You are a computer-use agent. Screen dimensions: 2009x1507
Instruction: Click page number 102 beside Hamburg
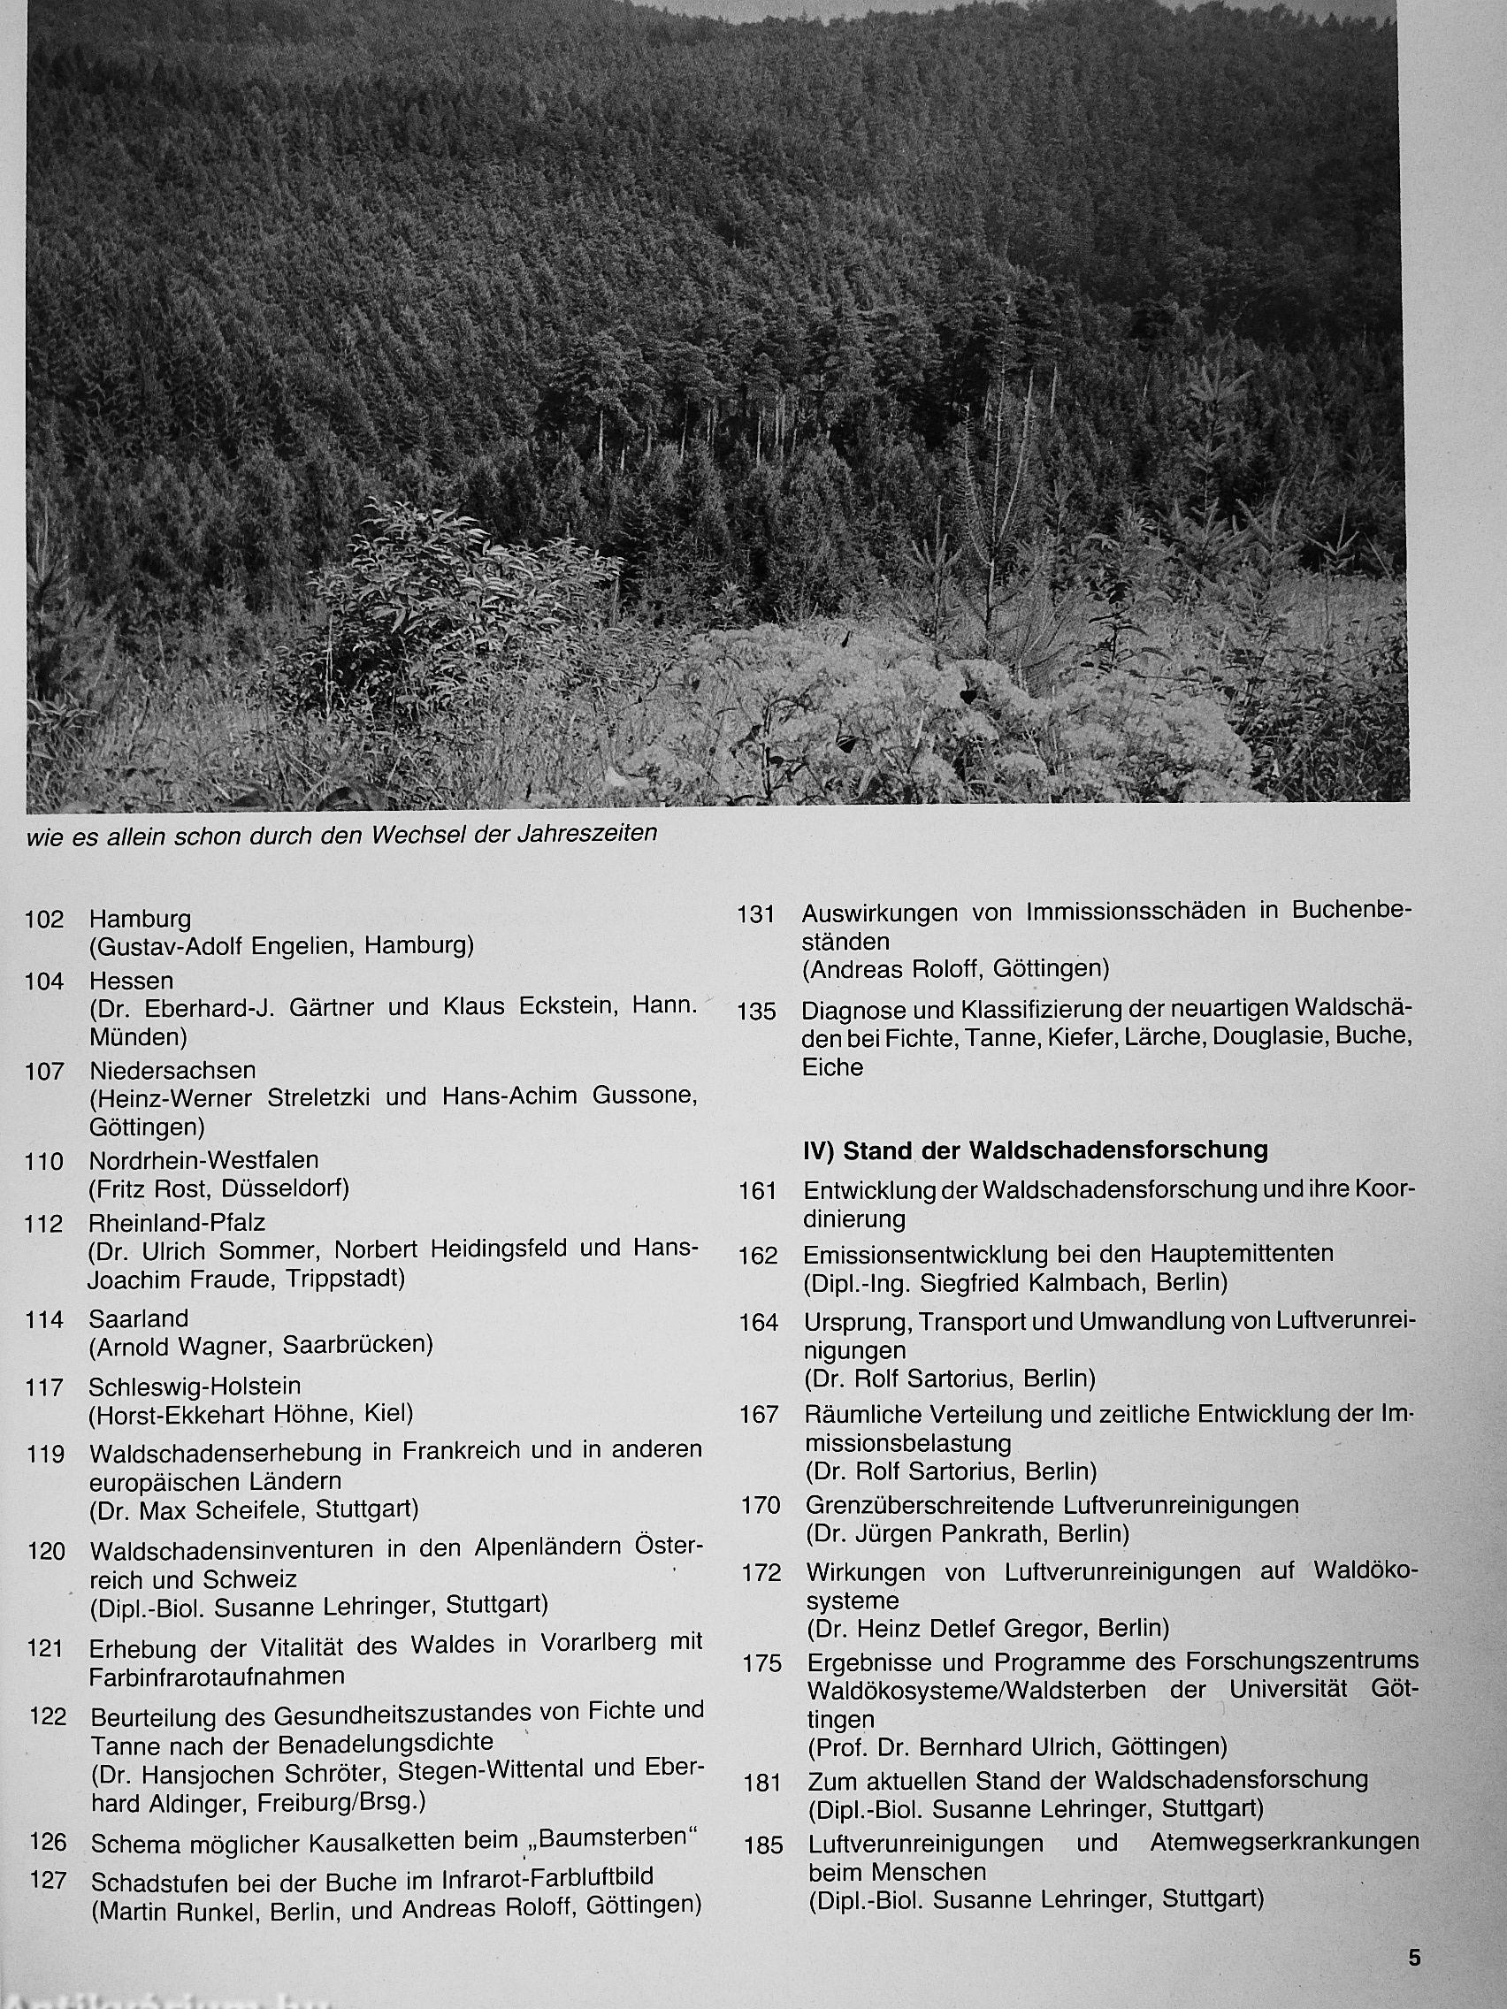coord(44,919)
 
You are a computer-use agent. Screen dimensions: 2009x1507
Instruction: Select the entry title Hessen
coord(131,981)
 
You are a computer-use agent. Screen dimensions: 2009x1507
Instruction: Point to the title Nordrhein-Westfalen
coord(203,1160)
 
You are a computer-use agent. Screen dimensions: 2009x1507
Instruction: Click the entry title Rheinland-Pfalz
coord(177,1223)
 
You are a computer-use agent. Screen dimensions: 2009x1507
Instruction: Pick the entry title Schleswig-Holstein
coord(195,1386)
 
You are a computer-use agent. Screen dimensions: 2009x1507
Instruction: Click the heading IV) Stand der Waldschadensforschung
coord(1036,1150)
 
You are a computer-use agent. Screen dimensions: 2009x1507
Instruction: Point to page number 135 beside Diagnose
coord(757,1012)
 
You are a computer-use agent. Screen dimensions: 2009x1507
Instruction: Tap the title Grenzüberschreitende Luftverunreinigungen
coord(1052,1505)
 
